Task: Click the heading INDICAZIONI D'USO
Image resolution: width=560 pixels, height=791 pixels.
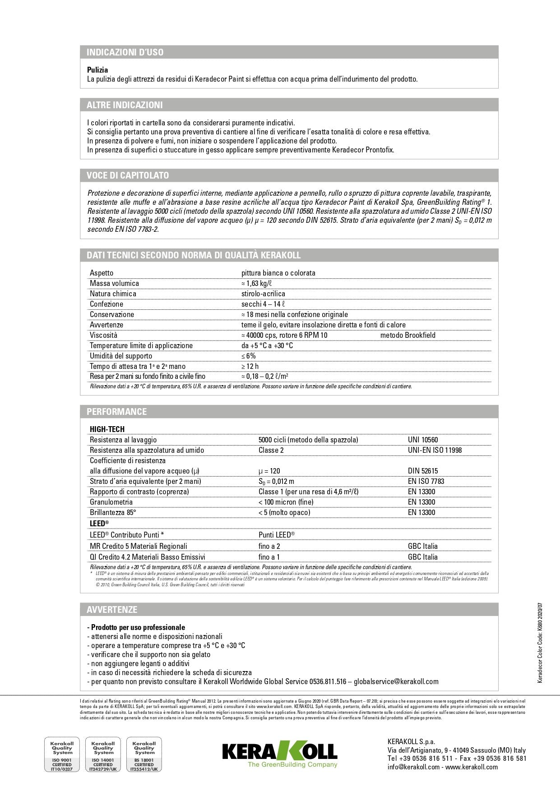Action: pyautogui.click(x=125, y=52)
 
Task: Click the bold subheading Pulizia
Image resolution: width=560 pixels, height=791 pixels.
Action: pyautogui.click(x=97, y=70)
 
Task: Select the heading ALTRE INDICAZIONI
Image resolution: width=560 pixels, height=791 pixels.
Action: pyautogui.click(x=125, y=105)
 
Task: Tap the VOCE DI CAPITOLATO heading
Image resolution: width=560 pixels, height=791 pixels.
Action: pyautogui.click(x=128, y=175)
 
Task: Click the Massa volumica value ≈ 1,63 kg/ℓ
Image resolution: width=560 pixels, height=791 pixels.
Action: pyautogui.click(x=256, y=283)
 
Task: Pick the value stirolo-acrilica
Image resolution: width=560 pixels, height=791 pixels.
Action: pyautogui.click(x=263, y=294)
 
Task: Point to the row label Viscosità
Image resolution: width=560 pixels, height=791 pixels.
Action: pyautogui.click(x=103, y=335)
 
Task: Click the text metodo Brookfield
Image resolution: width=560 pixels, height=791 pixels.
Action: pyautogui.click(x=408, y=335)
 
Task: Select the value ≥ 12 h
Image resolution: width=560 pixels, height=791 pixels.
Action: pyautogui.click(x=250, y=366)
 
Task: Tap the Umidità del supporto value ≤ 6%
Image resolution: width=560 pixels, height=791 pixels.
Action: pyautogui.click(x=249, y=356)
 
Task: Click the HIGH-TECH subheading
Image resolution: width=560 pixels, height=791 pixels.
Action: pyautogui.click(x=107, y=429)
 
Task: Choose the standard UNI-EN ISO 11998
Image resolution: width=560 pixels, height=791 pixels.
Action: pyautogui.click(x=435, y=450)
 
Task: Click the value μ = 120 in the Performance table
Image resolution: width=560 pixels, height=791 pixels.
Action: pyautogui.click(x=269, y=471)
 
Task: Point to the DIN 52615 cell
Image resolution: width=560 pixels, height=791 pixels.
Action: pyautogui.click(x=423, y=471)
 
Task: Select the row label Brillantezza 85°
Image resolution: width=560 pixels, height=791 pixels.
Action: pyautogui.click(x=113, y=512)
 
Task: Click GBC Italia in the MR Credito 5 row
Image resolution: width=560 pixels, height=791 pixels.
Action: pyautogui.click(x=423, y=546)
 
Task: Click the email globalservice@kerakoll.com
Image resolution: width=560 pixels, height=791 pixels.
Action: pyautogui.click(x=396, y=681)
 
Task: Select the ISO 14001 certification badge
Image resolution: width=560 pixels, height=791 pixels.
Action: pyautogui.click(x=103, y=754)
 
